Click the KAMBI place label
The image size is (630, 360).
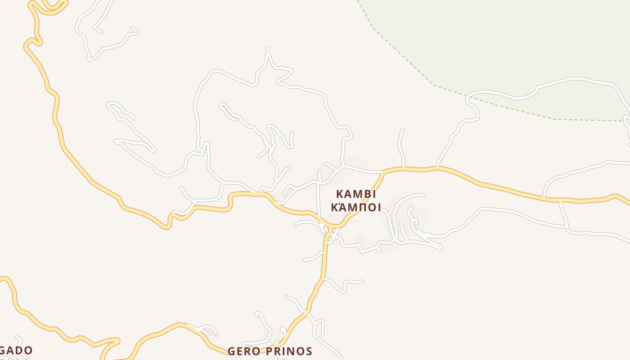click(x=356, y=194)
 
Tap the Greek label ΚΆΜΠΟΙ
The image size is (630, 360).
click(x=356, y=207)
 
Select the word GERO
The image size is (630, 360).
click(x=243, y=351)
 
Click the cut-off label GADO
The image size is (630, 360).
click(x=16, y=350)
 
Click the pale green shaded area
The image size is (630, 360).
click(x=517, y=40)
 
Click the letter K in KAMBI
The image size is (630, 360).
click(x=340, y=194)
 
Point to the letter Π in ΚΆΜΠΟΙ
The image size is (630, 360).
click(x=360, y=207)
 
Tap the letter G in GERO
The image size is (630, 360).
click(x=232, y=351)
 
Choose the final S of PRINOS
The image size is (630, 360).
click(x=309, y=351)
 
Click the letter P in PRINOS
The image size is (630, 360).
click(x=265, y=351)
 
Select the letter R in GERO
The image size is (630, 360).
click(x=247, y=351)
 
